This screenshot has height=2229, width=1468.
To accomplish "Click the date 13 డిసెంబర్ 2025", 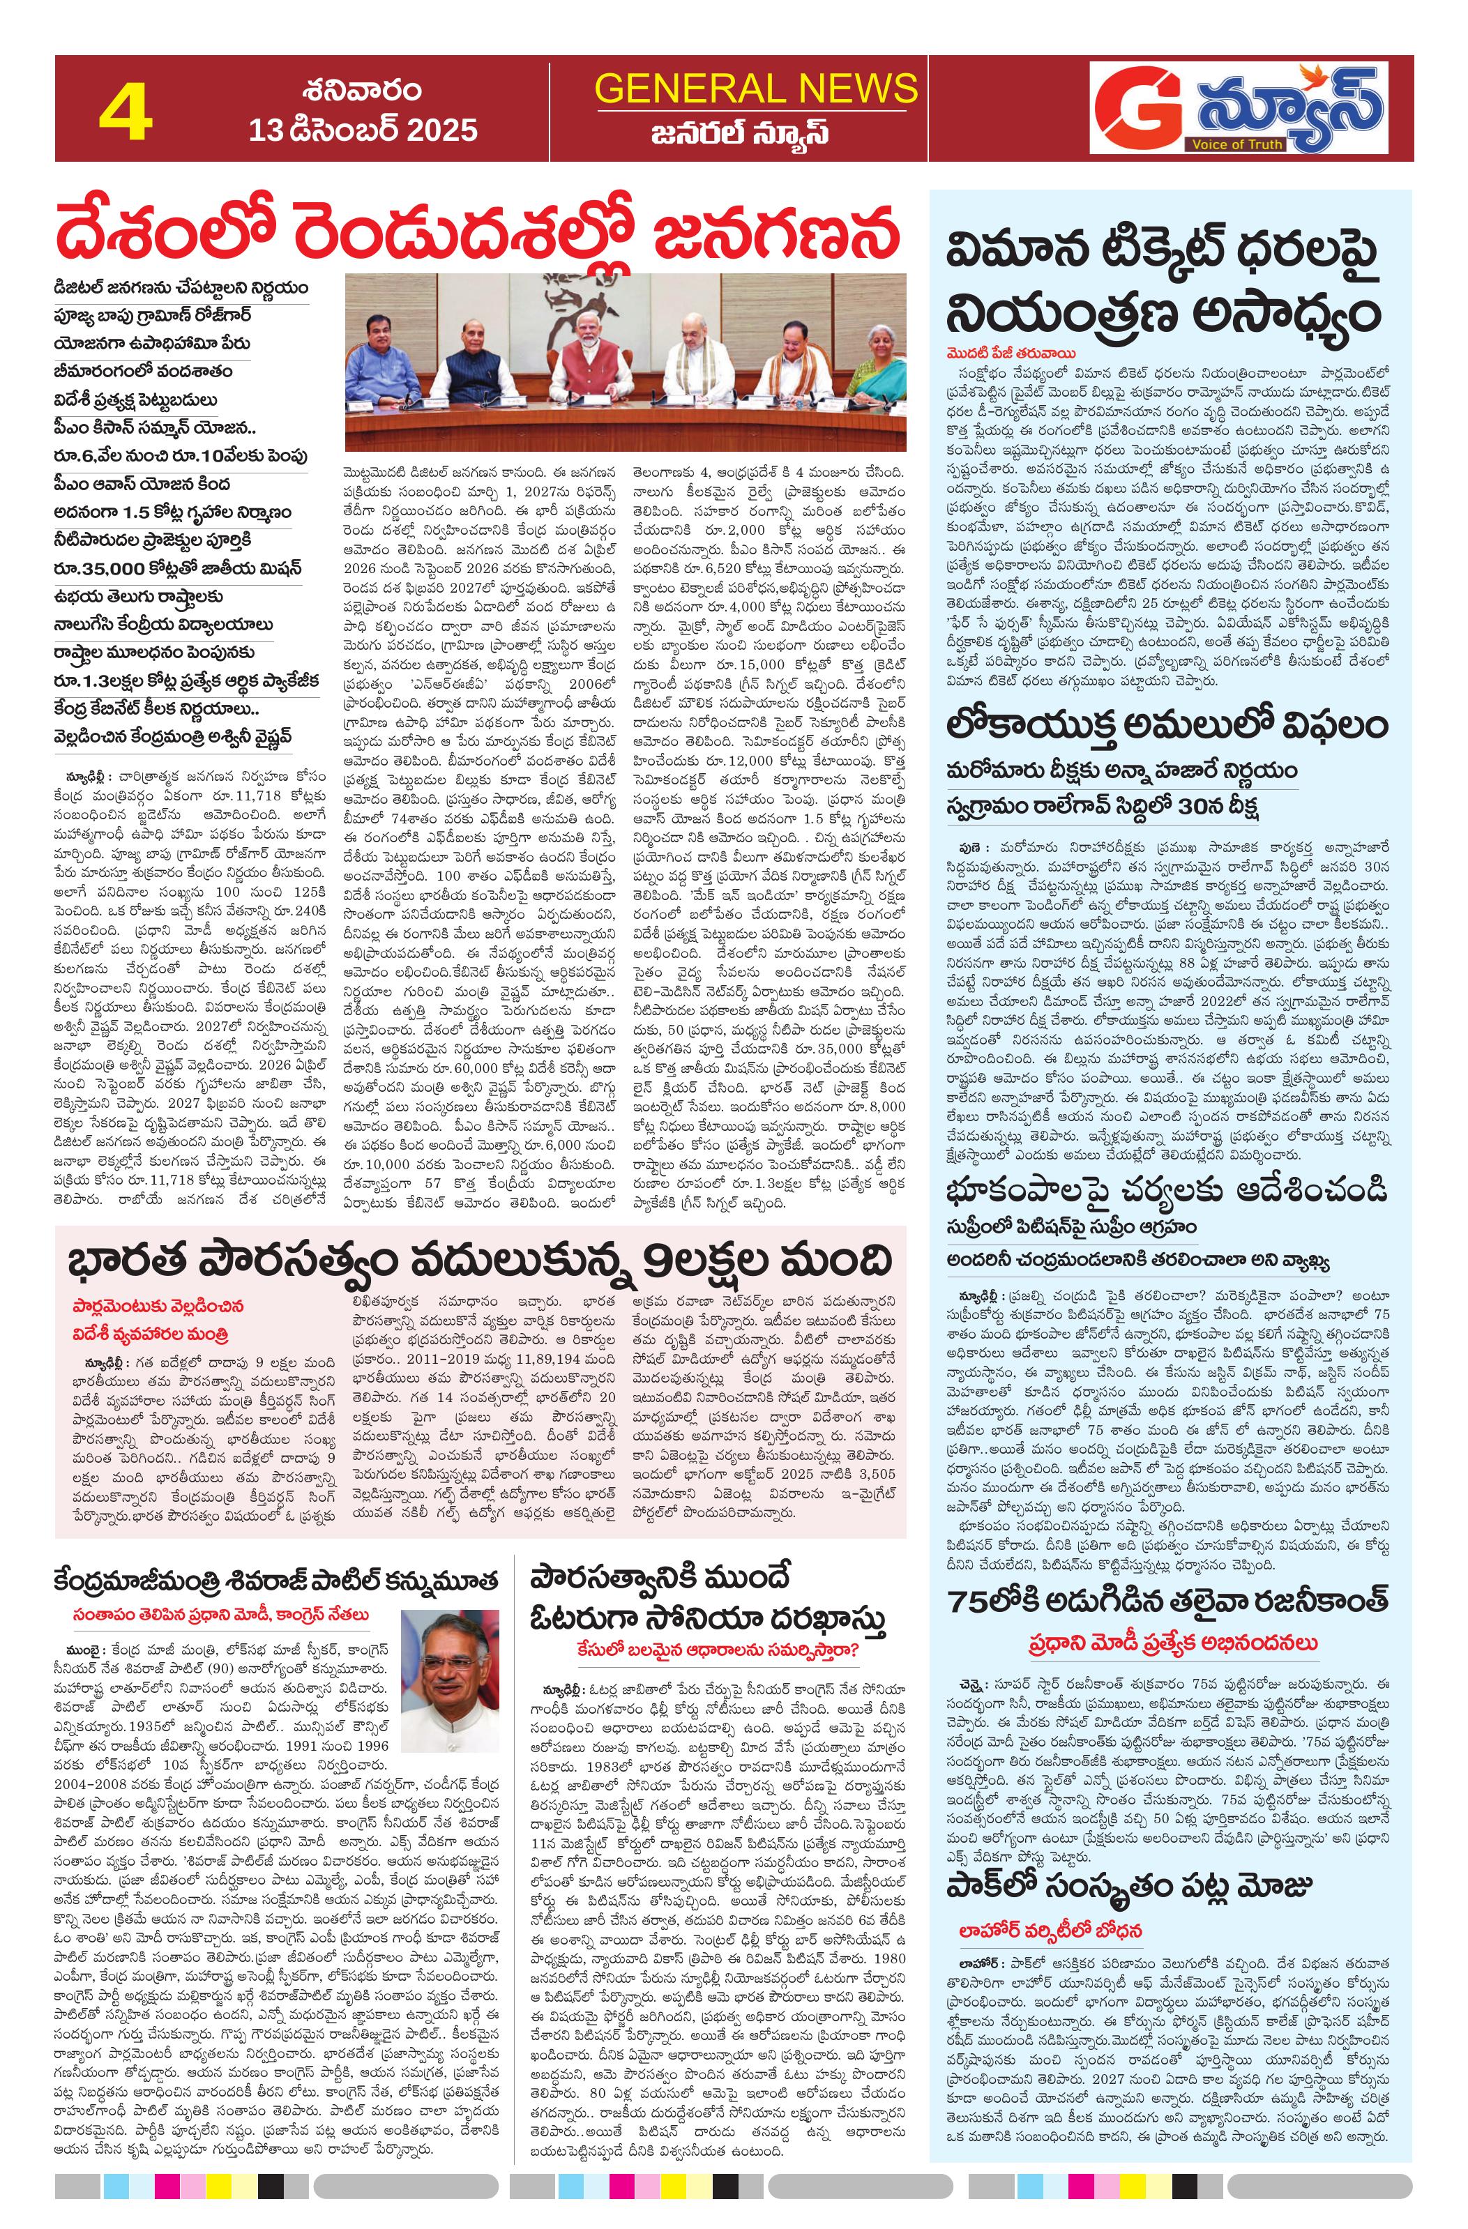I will (x=363, y=129).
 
